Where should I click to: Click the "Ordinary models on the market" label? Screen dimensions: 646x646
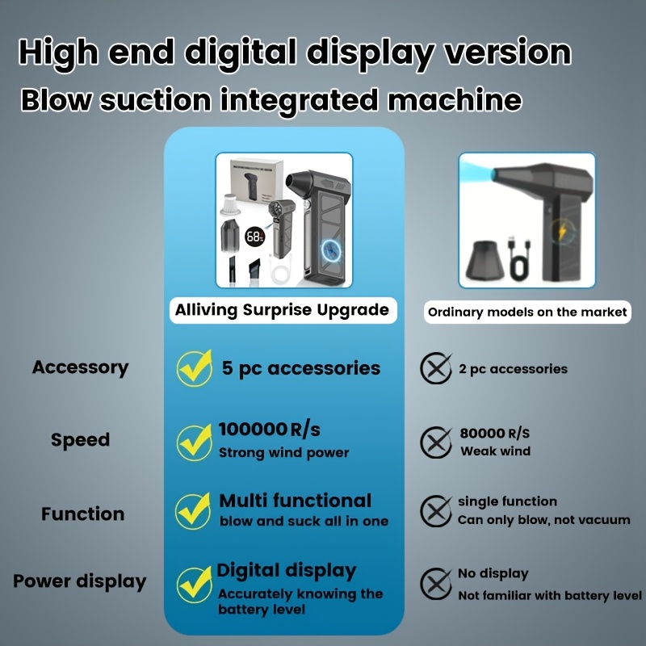pos(527,312)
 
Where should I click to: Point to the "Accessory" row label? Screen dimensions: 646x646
pos(80,367)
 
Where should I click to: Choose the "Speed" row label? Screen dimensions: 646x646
pos(80,440)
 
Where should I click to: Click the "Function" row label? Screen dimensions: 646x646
pos(83,514)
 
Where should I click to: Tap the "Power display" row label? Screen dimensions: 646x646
pos(80,581)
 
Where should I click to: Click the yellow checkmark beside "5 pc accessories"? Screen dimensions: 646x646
pos(195,367)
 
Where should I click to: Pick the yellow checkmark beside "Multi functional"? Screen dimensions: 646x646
pos(194,510)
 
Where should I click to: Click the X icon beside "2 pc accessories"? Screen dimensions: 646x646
pos(436,369)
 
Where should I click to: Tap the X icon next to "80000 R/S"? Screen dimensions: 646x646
pos(436,441)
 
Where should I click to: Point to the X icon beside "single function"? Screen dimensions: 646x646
pos(436,511)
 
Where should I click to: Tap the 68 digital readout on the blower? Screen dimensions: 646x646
pos(254,237)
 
